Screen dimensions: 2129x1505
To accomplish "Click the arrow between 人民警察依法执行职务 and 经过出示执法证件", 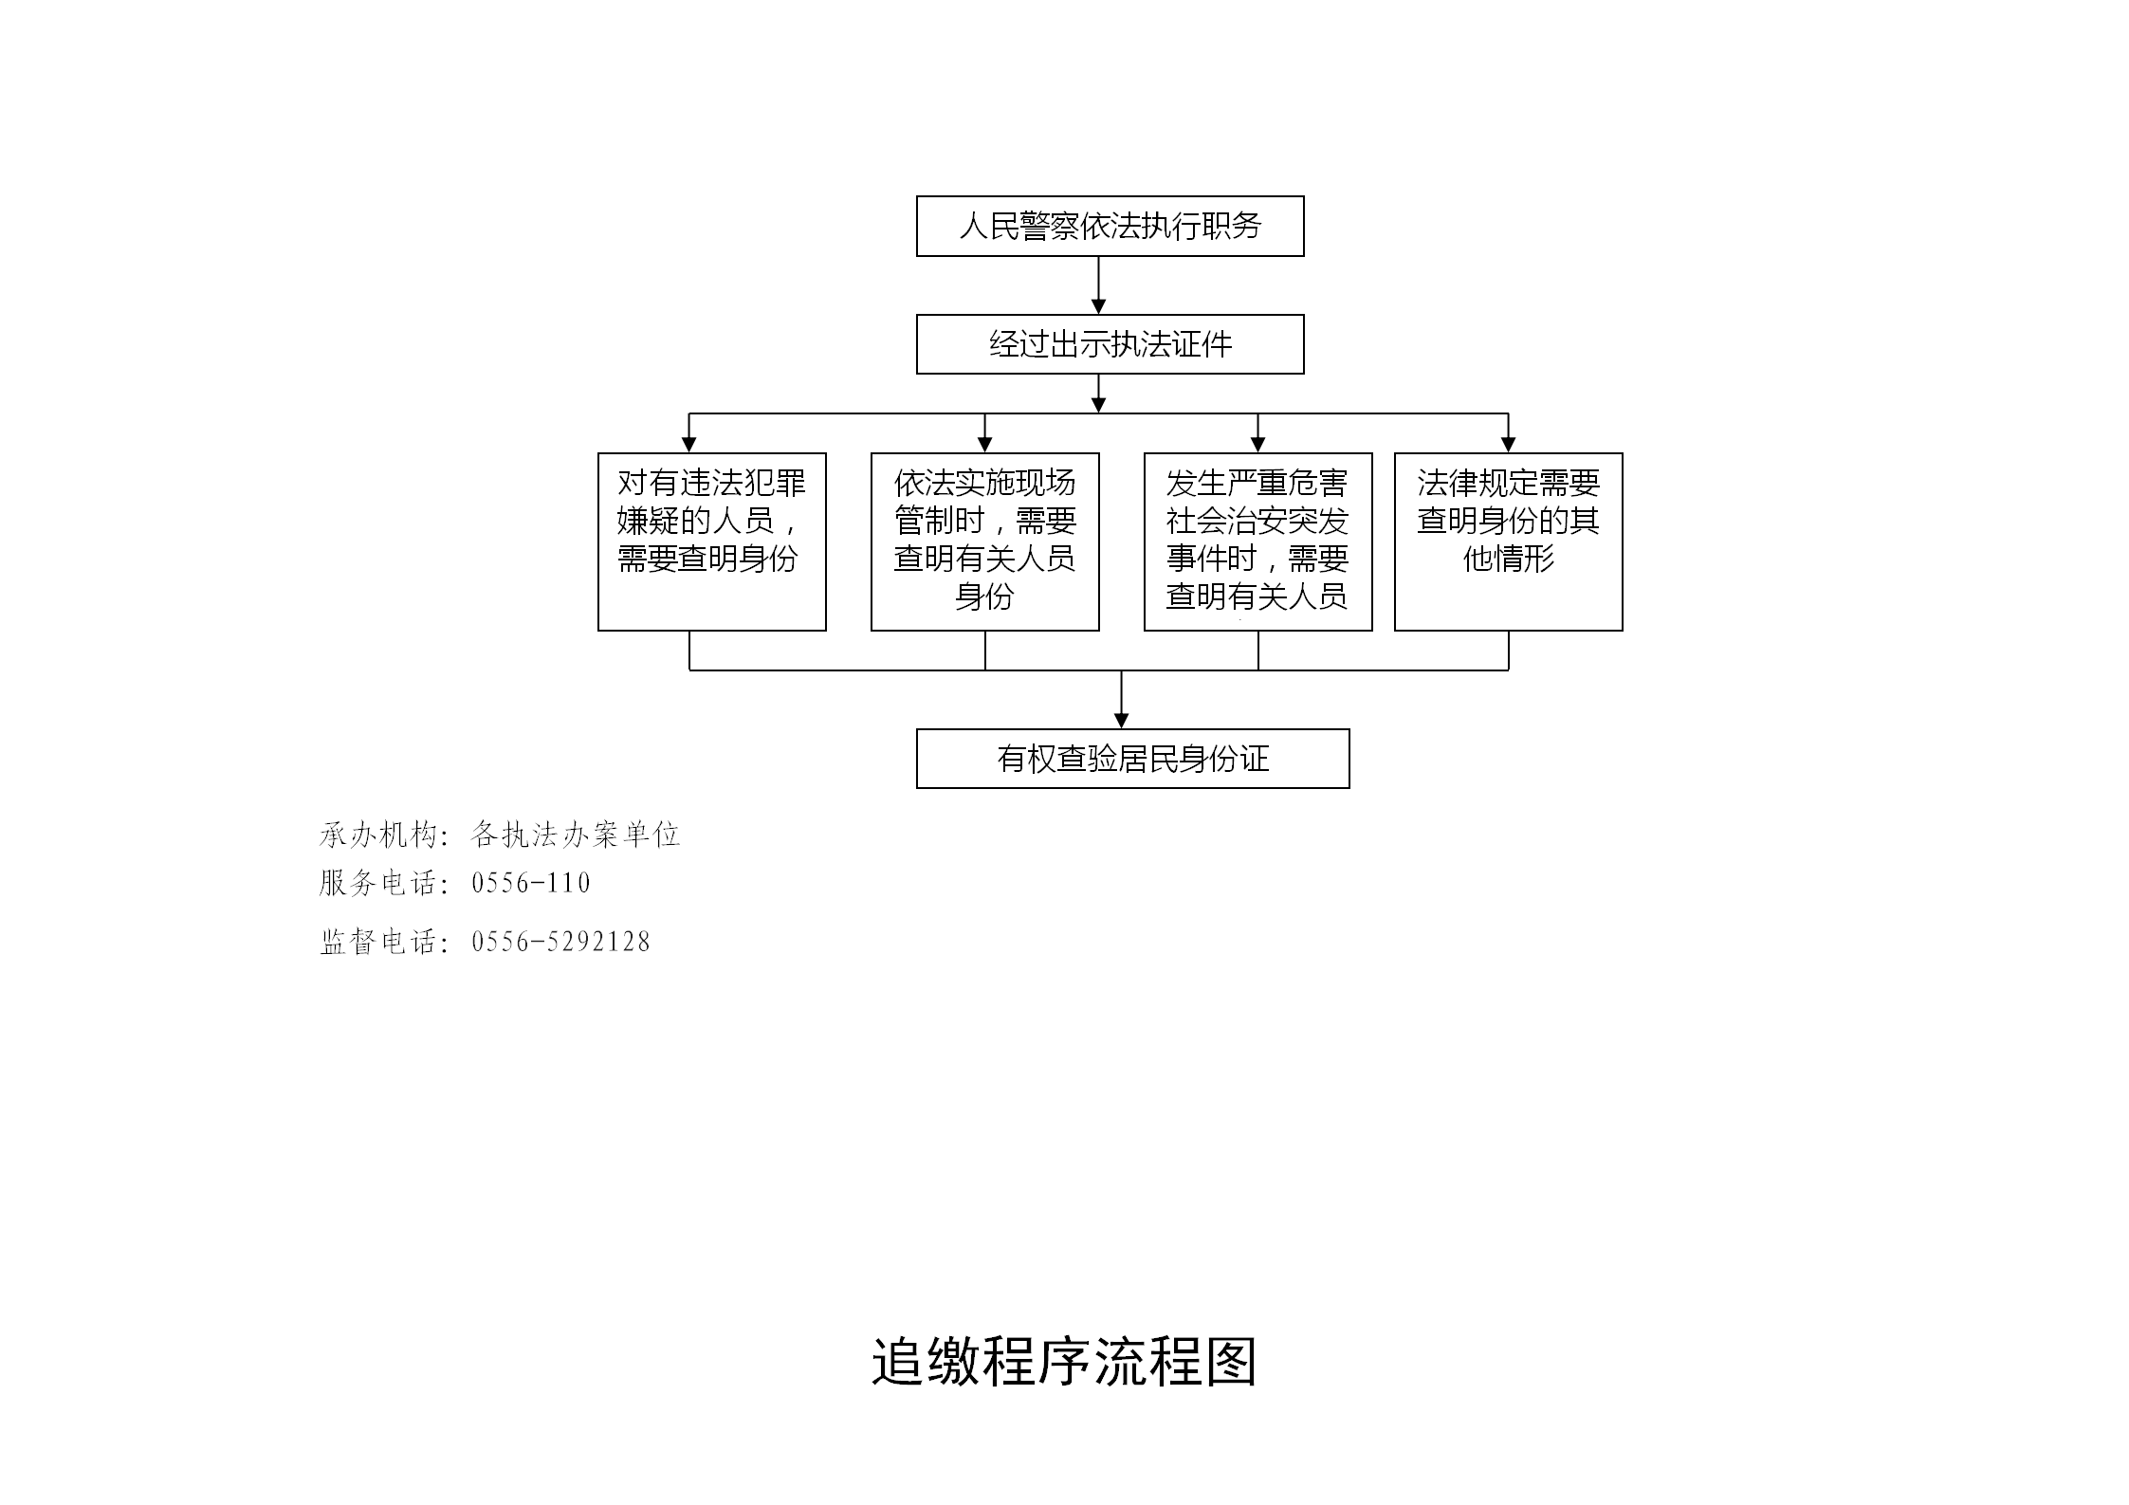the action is [x=1098, y=285].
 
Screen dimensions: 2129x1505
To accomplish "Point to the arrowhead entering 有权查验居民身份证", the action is [x=1121, y=722].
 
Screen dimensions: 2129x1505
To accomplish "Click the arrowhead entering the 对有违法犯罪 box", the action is [x=689, y=446].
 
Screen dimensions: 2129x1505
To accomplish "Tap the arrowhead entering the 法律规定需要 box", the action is [x=1508, y=446].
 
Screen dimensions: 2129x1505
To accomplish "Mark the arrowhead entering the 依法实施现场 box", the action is [x=984, y=446].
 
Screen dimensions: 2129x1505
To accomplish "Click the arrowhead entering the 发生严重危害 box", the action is [x=1257, y=446].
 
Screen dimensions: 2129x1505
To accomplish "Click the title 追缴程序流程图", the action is [x=1064, y=1363].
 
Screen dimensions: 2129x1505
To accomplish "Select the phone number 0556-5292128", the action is [x=560, y=942].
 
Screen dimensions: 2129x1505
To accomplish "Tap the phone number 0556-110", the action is [x=531, y=883].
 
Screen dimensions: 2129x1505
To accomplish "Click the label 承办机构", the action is [x=377, y=835].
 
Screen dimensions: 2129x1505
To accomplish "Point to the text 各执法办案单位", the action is [x=576, y=835].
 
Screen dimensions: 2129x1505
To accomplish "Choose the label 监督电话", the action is [x=377, y=942].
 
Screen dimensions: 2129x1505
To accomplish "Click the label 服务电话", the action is [x=377, y=883].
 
